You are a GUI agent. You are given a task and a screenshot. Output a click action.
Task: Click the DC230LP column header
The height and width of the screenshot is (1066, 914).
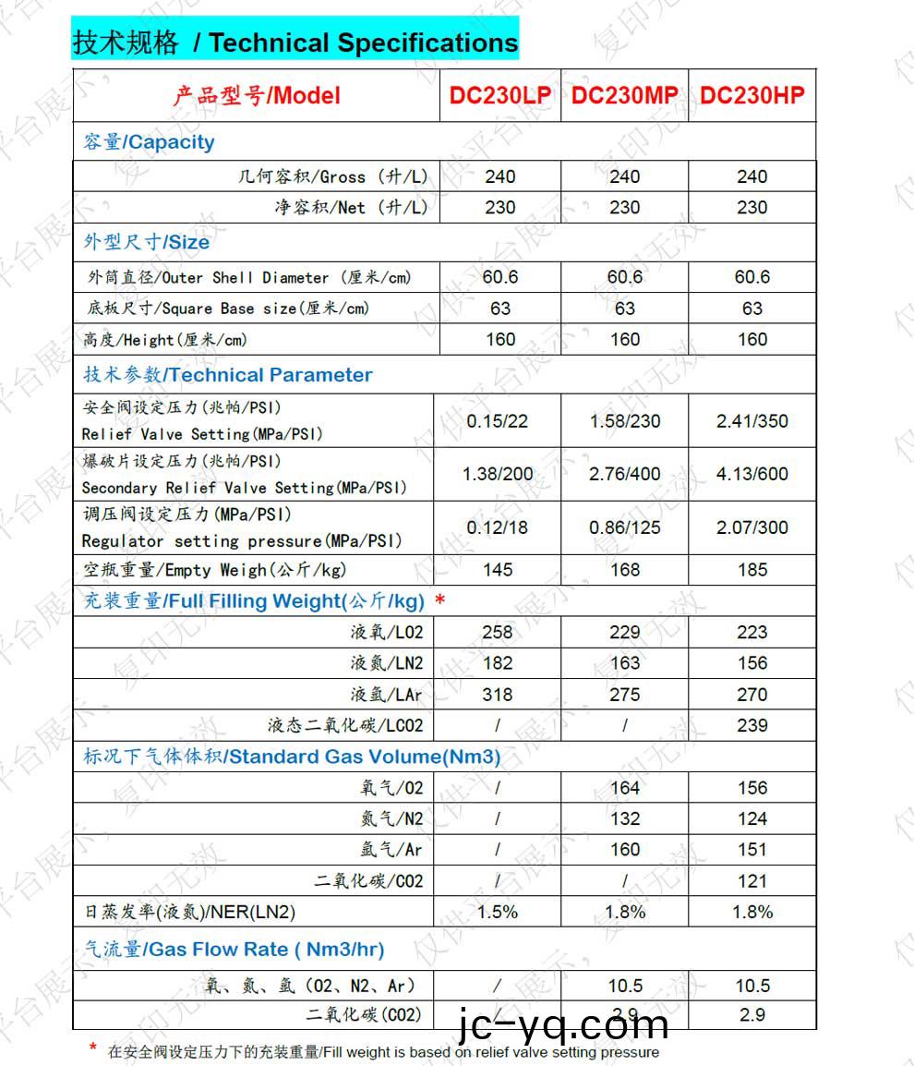point(499,95)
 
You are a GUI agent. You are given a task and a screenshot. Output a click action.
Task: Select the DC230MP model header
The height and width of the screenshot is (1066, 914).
point(624,95)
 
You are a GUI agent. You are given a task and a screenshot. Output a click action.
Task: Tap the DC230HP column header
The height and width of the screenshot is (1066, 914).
point(752,95)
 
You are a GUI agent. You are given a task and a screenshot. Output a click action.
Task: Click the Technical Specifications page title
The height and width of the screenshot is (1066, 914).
point(295,42)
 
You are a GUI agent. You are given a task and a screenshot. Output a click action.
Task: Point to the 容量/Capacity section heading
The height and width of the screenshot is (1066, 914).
point(149,142)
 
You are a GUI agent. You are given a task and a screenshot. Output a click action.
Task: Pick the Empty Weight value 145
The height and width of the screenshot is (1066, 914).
point(498,570)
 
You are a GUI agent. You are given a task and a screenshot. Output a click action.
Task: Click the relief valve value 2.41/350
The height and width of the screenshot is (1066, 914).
point(752,421)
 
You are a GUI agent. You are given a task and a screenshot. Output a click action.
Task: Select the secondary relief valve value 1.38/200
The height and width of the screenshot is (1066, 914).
point(498,474)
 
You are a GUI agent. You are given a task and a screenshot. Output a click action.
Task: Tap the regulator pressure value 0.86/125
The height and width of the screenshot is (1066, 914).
point(624,527)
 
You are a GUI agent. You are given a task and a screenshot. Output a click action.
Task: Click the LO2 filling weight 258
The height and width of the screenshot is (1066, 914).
point(498,632)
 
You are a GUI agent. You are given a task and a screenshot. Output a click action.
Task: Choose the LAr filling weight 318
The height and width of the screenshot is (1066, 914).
point(498,695)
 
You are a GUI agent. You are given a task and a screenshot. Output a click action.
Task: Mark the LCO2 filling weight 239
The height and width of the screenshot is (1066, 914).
point(752,725)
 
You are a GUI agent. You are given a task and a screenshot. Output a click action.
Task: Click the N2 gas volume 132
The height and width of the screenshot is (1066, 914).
point(624,818)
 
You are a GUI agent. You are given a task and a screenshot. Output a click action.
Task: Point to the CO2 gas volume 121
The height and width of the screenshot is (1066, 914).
point(752,881)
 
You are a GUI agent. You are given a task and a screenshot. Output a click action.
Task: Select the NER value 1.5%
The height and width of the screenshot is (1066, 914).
point(498,912)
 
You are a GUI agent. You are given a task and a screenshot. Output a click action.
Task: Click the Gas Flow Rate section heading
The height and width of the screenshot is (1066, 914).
point(234,949)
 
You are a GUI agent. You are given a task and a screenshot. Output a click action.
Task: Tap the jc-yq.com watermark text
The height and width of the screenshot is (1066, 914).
point(563,1024)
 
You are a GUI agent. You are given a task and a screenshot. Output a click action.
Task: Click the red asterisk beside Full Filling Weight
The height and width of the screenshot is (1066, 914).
point(440,601)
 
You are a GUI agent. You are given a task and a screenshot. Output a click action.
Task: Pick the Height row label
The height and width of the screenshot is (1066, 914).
point(165,340)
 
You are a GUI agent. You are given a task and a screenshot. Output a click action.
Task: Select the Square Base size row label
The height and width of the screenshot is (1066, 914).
point(226,309)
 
